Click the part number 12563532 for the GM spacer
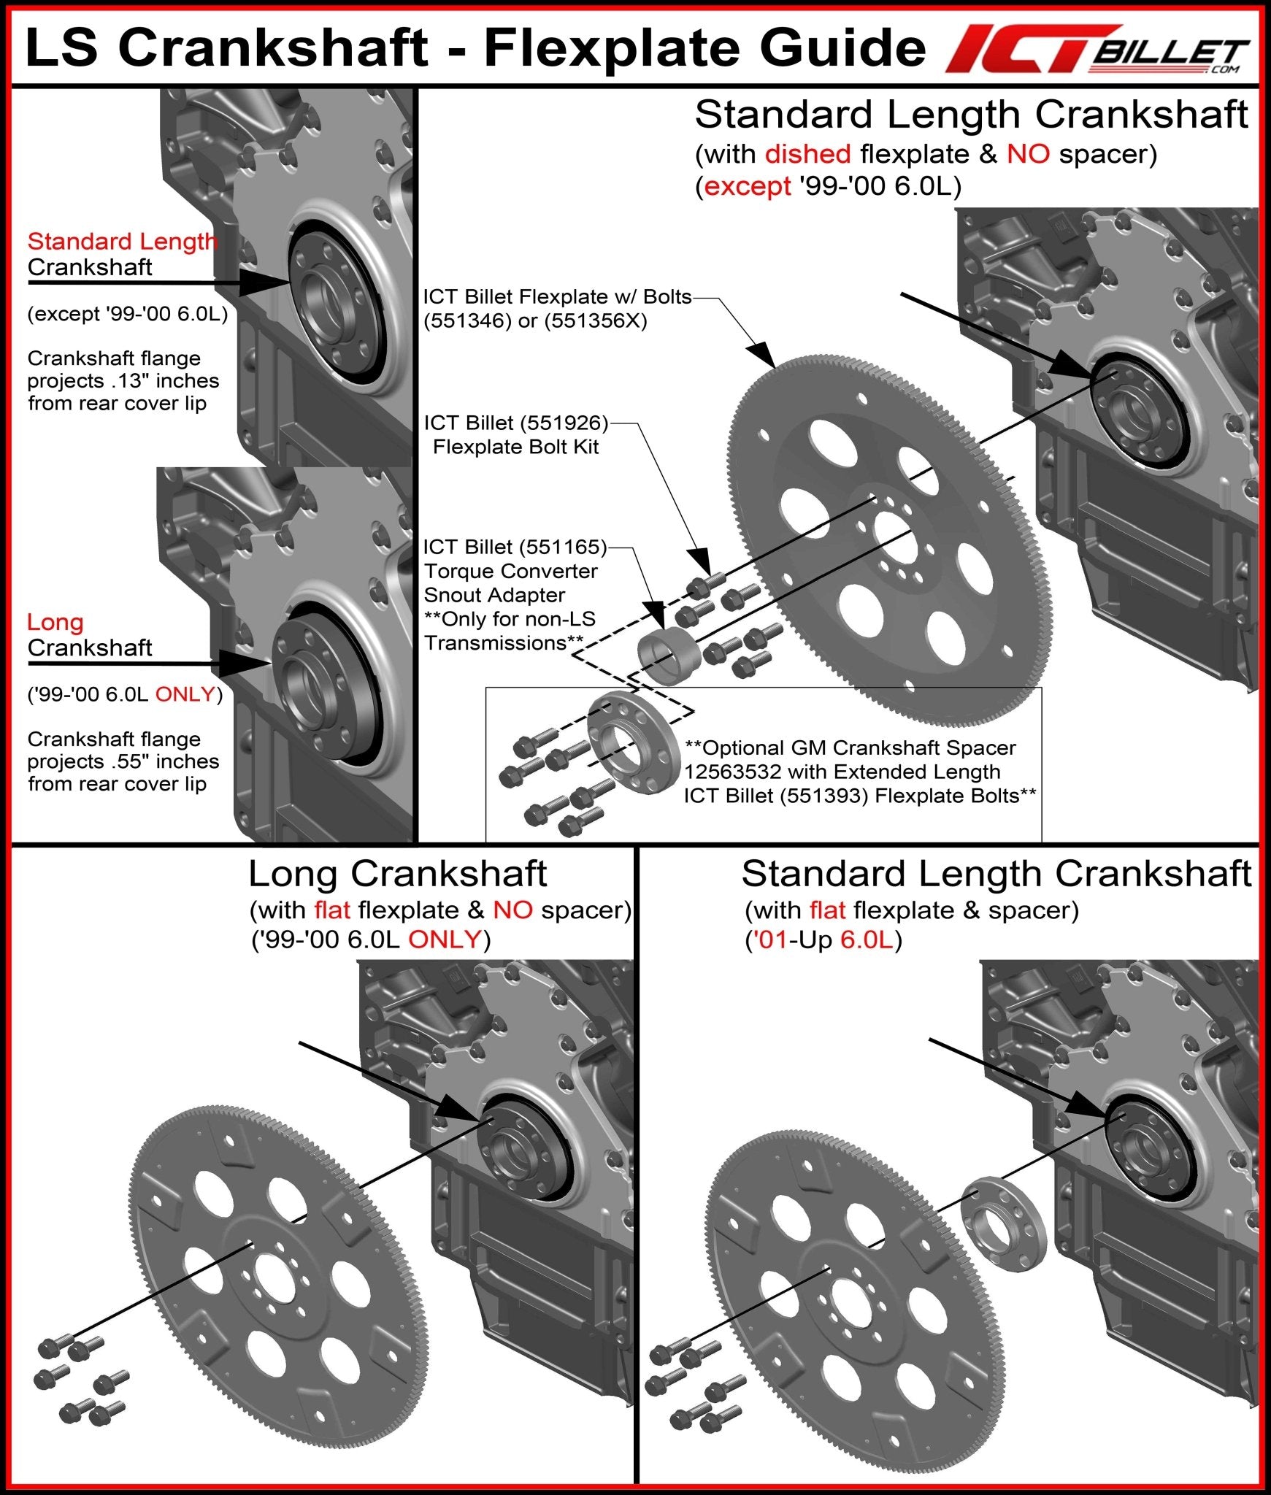coord(733,772)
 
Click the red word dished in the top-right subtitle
coord(807,154)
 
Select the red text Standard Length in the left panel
coord(122,242)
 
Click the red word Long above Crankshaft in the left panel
coord(55,622)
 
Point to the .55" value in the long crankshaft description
coord(128,761)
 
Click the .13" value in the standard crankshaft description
coord(128,381)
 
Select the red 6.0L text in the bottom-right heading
coord(867,940)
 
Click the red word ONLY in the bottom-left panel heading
coord(445,939)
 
